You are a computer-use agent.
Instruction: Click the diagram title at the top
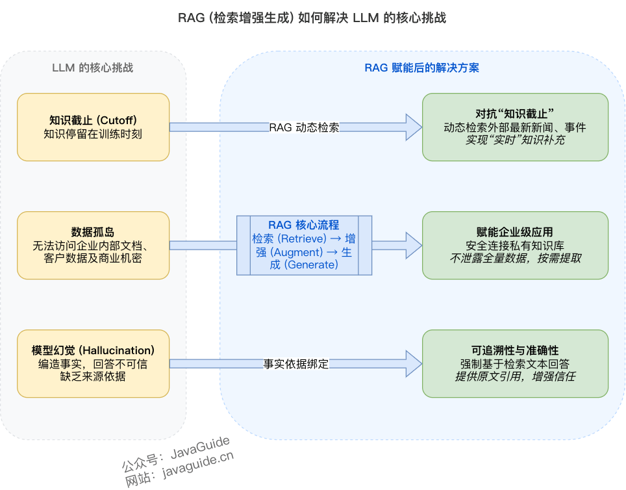[312, 18]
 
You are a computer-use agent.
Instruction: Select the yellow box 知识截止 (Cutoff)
[93, 127]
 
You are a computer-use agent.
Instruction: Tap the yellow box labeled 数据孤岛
[93, 245]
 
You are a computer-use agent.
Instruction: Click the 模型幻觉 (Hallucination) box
[93, 363]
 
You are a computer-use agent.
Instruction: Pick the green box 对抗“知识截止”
[515, 127]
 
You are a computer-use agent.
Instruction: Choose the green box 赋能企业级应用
[515, 245]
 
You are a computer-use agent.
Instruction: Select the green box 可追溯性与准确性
[515, 363]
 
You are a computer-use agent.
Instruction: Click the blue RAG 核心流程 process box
[304, 245]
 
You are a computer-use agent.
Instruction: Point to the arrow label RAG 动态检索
[304, 127]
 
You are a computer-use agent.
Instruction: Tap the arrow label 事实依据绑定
[296, 364]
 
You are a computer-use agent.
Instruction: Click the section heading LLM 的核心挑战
[93, 68]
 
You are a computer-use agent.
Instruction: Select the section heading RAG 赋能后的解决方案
[422, 68]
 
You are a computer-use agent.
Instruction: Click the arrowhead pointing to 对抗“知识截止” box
[413, 127]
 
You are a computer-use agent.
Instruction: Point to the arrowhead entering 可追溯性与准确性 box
[413, 363]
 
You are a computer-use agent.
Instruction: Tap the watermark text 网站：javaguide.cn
[179, 471]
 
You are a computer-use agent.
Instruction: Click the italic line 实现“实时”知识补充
[515, 140]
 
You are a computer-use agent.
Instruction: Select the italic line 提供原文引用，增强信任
[515, 376]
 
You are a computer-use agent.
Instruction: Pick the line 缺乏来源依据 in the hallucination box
[93, 376]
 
